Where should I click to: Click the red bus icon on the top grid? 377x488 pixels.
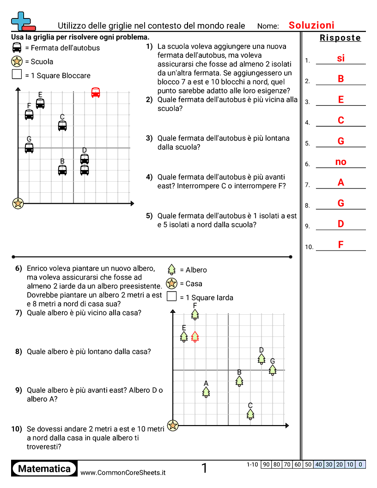[96, 92]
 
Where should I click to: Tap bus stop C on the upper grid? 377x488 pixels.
[62, 125]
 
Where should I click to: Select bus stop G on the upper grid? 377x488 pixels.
[29, 147]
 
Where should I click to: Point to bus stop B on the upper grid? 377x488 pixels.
[62, 170]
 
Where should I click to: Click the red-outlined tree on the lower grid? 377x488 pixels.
[195, 336]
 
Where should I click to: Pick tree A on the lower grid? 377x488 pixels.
[206, 391]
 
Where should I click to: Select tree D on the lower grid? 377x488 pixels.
[261, 358]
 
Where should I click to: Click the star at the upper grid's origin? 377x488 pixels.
[18, 203]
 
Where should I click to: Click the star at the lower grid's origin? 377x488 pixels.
[173, 425]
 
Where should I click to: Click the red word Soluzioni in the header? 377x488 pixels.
[311, 25]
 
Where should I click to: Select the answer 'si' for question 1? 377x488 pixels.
[341, 58]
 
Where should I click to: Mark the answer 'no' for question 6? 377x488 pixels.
[341, 162]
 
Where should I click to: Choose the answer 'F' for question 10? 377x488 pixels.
[341, 244]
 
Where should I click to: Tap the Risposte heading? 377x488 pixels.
[340, 38]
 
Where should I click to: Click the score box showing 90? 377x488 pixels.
[266, 464]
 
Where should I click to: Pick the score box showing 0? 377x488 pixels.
[360, 464]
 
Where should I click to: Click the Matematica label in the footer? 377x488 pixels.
[44, 469]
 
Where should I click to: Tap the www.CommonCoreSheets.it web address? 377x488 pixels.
[123, 473]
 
